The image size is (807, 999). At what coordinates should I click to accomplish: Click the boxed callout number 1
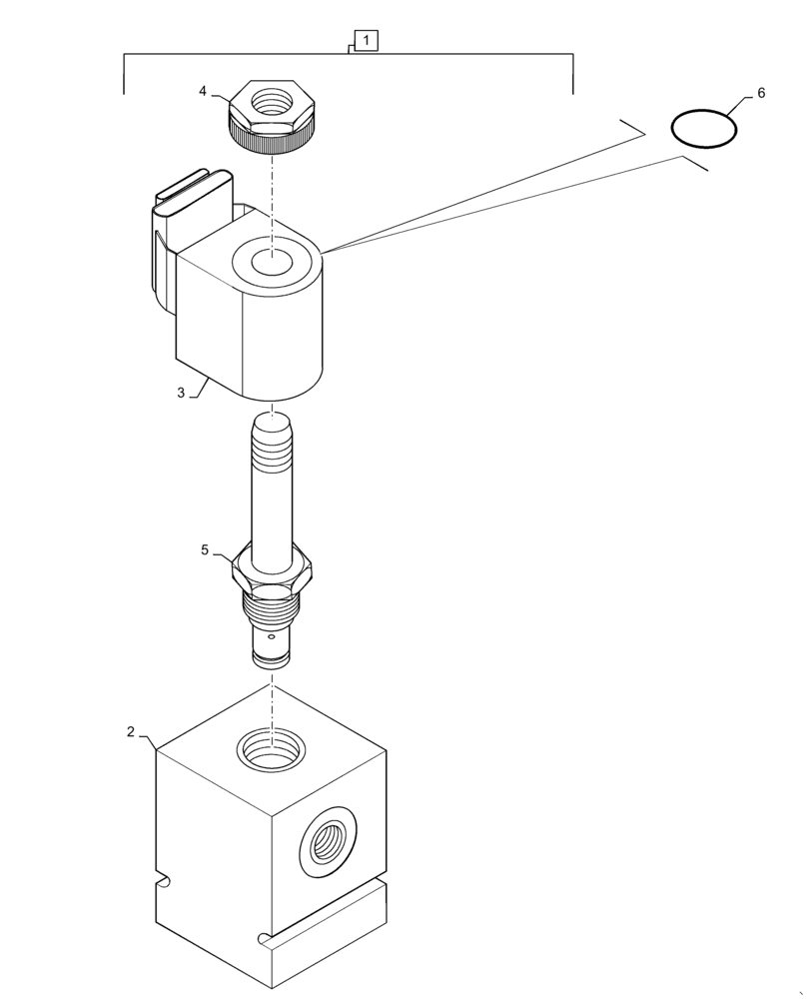point(367,41)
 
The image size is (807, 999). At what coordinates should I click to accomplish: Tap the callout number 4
point(203,91)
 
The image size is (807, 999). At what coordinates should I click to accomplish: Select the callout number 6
point(761,93)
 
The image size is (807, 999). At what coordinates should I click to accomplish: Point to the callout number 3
point(181,393)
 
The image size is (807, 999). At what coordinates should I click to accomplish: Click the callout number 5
point(205,549)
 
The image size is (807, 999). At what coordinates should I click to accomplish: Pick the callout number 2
point(131,731)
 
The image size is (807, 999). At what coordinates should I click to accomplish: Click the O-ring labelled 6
point(704,128)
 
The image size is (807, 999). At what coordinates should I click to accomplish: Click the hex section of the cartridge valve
point(273,570)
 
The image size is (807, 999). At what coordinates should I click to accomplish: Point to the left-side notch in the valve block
point(166,880)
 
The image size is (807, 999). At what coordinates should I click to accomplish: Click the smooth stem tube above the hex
point(272,509)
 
